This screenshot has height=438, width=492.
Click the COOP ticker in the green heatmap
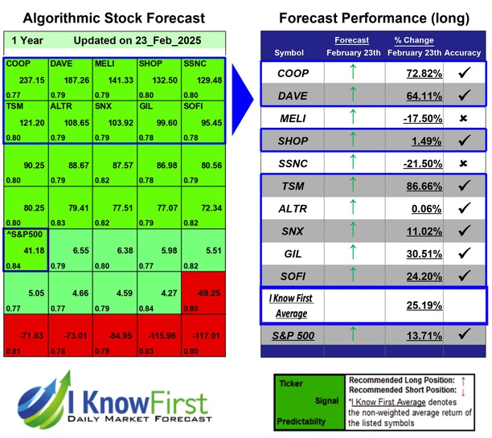click(x=18, y=63)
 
